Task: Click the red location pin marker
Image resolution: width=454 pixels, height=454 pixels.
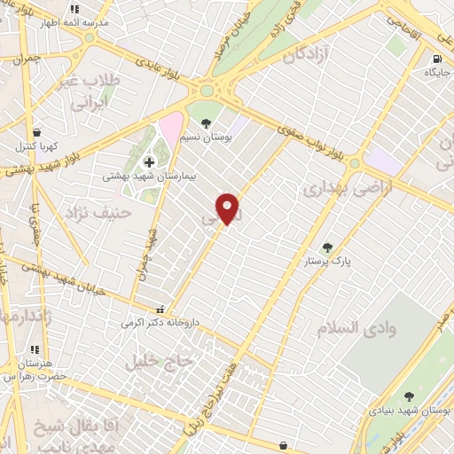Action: coord(229,207)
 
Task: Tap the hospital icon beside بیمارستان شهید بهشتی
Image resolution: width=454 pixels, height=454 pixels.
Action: coord(149,161)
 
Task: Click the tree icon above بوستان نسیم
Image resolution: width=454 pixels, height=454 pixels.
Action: coord(207,123)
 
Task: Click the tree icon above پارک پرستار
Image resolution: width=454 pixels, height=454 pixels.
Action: coord(329,247)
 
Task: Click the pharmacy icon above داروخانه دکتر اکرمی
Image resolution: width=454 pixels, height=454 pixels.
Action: coord(160,310)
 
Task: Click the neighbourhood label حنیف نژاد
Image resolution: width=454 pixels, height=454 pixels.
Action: coord(98,213)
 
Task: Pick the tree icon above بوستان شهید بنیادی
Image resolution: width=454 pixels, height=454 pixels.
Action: coord(409,396)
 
